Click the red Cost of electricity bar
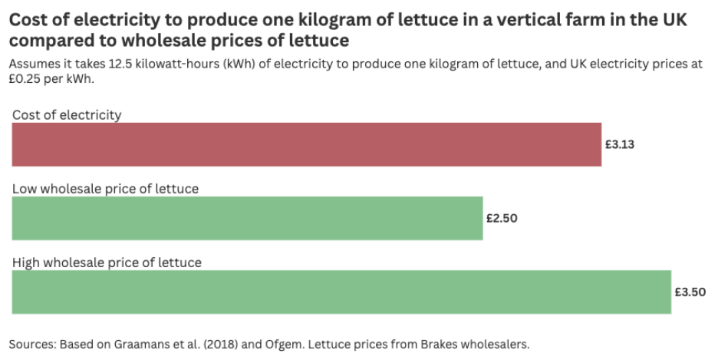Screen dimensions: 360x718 (x=307, y=144)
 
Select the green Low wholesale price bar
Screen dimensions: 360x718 (x=247, y=218)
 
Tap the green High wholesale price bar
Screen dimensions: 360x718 (x=341, y=292)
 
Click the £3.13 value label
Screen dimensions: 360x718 (x=620, y=144)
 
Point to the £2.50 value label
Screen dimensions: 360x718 (x=502, y=218)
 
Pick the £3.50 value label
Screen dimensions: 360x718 (x=690, y=292)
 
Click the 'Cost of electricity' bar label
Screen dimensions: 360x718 (x=67, y=115)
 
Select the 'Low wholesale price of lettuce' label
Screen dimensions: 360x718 (x=105, y=189)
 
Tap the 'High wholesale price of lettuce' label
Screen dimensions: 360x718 (x=107, y=263)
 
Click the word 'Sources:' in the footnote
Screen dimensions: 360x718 (x=32, y=343)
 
